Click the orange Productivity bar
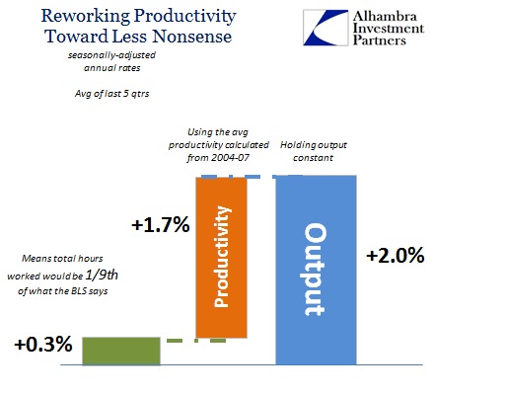[x=221, y=258]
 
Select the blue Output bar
[x=316, y=270]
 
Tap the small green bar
[x=121, y=351]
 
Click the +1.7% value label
[x=161, y=225]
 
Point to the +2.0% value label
[x=396, y=256]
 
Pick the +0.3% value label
[x=43, y=345]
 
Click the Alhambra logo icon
[x=325, y=28]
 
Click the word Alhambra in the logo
[x=385, y=16]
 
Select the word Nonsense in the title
[x=192, y=37]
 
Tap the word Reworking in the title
[x=86, y=17]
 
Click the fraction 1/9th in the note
[x=102, y=275]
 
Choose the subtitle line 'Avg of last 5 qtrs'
[x=111, y=94]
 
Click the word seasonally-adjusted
[x=111, y=55]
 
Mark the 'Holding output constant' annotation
[x=314, y=151]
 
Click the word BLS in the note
[x=80, y=291]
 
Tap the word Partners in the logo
[x=380, y=40]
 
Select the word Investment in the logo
[x=389, y=29]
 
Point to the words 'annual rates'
[x=112, y=68]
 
